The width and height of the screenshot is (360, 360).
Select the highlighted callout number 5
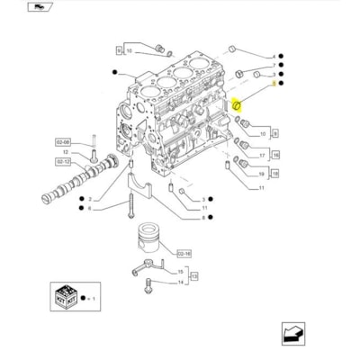coord(273,83)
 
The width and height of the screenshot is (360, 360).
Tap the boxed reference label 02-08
coord(62,141)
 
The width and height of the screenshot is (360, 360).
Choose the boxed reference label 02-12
coord(62,161)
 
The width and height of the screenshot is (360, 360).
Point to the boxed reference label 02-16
coord(184,255)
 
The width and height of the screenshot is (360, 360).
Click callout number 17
coord(261,154)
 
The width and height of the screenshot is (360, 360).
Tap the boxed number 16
coord(276,154)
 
